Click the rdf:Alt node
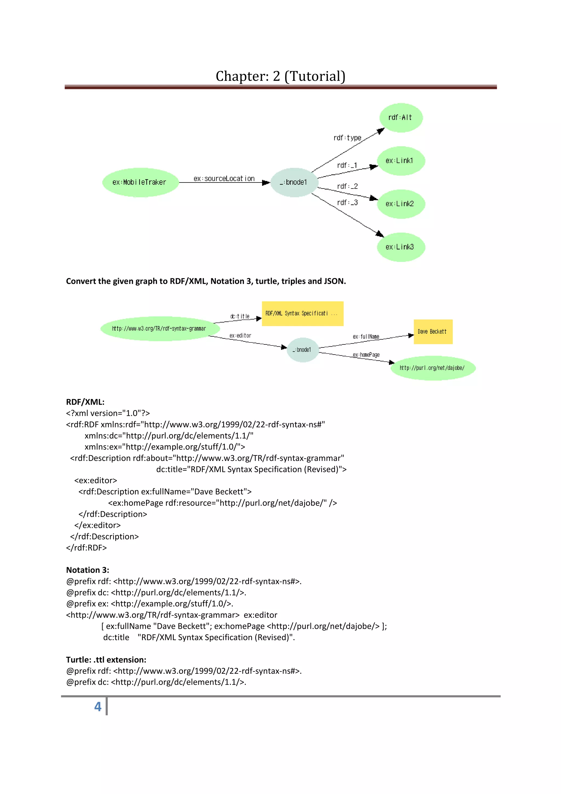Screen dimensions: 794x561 click(400, 118)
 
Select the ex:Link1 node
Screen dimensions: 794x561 click(400, 161)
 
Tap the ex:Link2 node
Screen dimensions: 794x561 click(400, 204)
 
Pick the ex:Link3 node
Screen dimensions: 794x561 click(400, 247)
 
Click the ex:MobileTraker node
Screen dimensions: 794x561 click(140, 182)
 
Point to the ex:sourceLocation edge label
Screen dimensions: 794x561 click(224, 178)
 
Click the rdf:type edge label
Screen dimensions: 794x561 click(347, 138)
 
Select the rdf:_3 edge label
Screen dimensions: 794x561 click(347, 203)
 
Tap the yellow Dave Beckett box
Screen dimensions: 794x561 click(433, 332)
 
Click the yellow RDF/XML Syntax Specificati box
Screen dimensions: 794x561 click(302, 314)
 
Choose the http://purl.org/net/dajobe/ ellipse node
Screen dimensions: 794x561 click(433, 368)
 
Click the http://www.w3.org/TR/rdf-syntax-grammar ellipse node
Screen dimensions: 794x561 click(159, 329)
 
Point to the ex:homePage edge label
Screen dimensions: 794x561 click(366, 355)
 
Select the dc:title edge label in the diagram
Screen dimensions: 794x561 click(240, 316)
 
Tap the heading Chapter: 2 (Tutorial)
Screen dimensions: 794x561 click(280, 76)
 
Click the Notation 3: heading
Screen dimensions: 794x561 click(87, 570)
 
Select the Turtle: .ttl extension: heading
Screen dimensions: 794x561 click(106, 659)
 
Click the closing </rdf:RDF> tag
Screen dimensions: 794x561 click(86, 547)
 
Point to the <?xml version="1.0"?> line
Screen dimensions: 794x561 click(108, 413)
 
